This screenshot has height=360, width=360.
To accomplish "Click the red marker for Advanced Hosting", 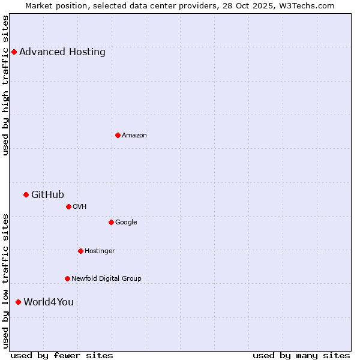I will (14, 52).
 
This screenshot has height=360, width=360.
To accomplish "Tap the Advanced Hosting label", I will (62, 52).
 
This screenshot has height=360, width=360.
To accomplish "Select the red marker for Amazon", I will (118, 135).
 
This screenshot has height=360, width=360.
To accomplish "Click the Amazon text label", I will (134, 135).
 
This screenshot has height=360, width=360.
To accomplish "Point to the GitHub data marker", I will (26, 194).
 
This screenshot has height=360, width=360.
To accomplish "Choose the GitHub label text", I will (47, 194).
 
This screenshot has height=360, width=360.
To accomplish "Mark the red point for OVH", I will (68, 206).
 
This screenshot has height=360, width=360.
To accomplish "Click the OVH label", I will (80, 206).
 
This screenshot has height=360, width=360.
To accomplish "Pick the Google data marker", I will (111, 222).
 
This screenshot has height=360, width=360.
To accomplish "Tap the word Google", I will (126, 222).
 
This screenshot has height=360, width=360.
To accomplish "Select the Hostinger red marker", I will (80, 251).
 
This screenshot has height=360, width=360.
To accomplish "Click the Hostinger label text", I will (100, 251).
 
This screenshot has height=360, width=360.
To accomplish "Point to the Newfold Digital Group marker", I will (67, 278).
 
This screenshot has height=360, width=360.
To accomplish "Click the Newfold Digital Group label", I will (106, 278).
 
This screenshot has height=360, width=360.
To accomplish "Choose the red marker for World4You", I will (18, 302).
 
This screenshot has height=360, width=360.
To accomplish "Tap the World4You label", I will (49, 302).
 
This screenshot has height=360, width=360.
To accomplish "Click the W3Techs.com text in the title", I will (309, 5).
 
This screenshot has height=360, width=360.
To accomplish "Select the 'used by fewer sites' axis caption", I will (62, 355).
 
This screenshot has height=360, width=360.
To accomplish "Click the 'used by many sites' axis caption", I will (301, 355).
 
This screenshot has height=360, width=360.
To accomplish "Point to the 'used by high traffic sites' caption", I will (5, 85).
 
